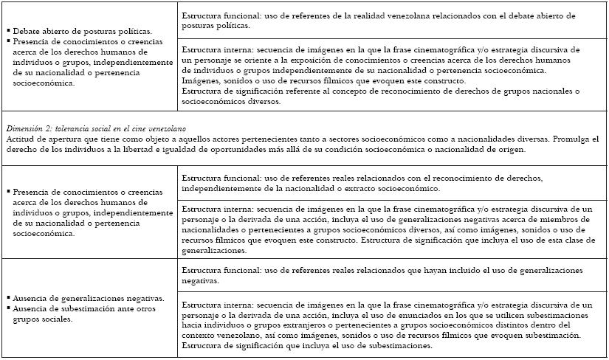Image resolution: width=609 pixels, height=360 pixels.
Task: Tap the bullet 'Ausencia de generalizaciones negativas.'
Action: click(x=88, y=298)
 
